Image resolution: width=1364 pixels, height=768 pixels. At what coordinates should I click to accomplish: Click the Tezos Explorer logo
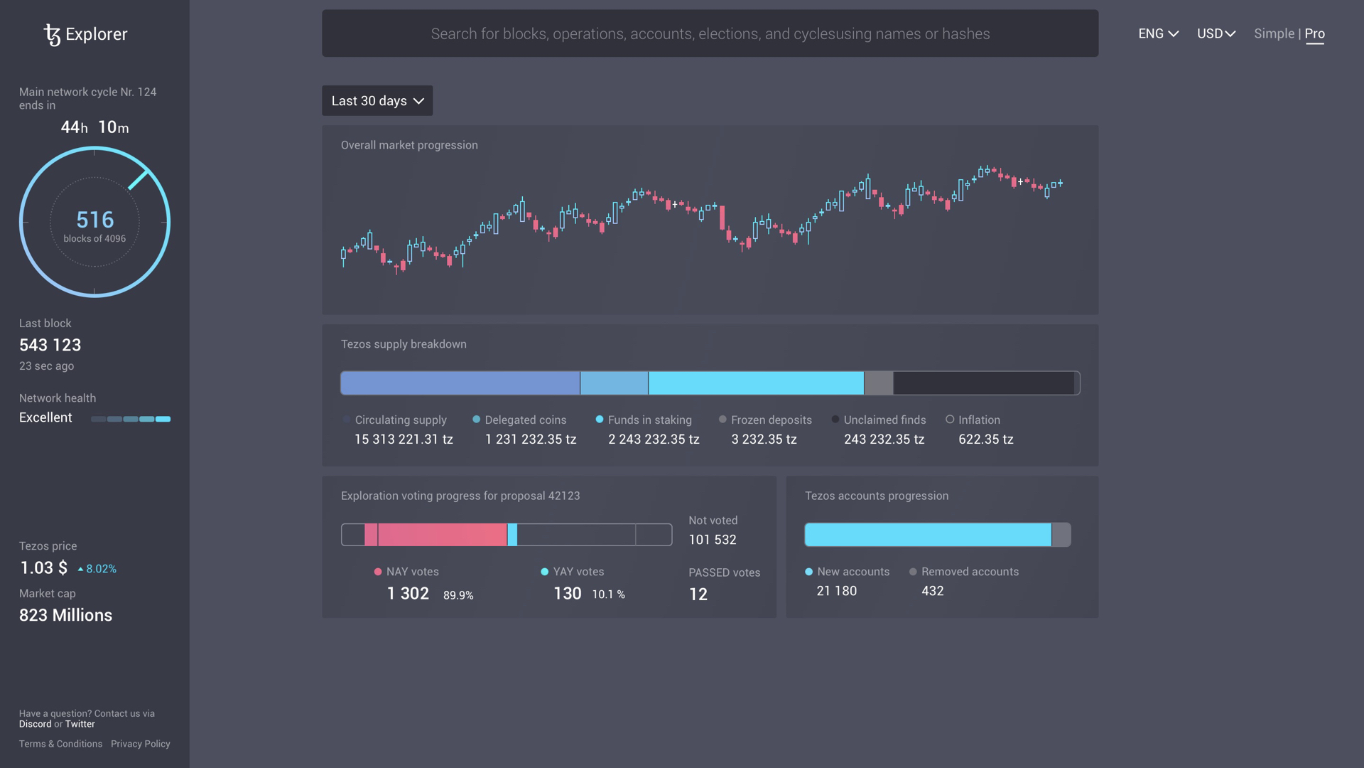(x=85, y=34)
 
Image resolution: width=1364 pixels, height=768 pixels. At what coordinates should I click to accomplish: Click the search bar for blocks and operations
(x=710, y=33)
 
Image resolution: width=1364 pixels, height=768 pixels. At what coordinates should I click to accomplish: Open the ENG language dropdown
(x=1158, y=33)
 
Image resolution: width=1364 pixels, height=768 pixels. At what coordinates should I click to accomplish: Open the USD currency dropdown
(x=1216, y=33)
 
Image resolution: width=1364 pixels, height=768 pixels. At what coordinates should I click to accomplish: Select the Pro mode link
(x=1314, y=33)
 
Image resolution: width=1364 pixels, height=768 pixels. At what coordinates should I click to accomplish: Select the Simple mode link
(x=1274, y=33)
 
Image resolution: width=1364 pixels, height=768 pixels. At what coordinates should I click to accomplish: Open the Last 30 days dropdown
(x=377, y=101)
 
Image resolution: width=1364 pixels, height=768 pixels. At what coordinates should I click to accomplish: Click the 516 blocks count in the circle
(x=94, y=220)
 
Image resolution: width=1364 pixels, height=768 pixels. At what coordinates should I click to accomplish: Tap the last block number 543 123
(x=50, y=345)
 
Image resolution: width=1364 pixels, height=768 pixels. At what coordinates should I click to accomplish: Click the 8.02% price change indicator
(x=97, y=569)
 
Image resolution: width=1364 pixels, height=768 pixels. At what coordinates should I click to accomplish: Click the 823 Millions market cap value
(x=65, y=615)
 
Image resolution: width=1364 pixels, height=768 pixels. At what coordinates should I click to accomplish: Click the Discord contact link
(x=35, y=724)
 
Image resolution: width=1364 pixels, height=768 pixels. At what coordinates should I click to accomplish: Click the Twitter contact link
(x=80, y=724)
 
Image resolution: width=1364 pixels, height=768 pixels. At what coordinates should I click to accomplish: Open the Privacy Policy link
(x=140, y=744)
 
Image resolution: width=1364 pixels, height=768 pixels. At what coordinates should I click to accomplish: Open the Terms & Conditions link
(x=60, y=744)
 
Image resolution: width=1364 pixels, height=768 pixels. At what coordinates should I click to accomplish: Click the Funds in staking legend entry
(x=649, y=420)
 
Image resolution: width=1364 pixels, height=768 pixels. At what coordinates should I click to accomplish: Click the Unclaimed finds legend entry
(x=884, y=420)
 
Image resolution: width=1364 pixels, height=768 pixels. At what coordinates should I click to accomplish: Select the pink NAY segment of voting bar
(x=442, y=535)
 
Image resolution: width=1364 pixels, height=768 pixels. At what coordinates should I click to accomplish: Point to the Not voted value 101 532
(x=712, y=540)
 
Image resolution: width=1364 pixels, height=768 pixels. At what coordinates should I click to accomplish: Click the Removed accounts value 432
(x=932, y=591)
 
